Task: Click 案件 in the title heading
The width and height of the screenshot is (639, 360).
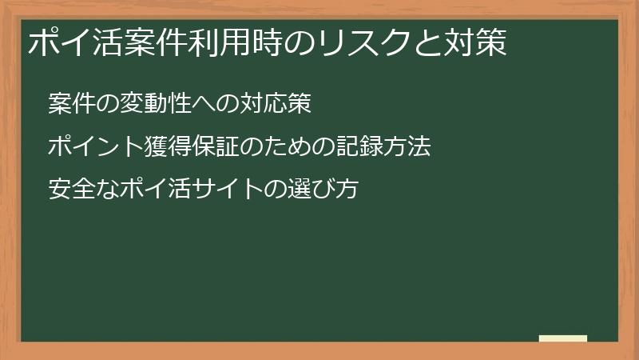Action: (157, 42)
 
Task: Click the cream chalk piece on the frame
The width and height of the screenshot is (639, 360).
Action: (563, 338)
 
